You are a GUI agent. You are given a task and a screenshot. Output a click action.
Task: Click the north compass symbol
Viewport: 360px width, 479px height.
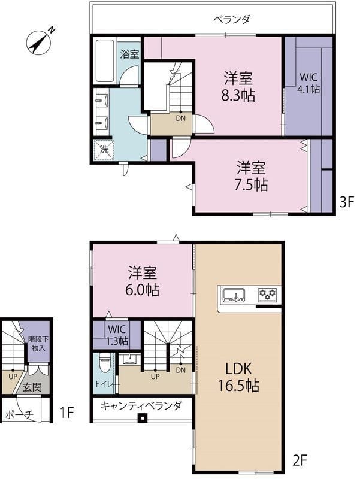click(39, 43)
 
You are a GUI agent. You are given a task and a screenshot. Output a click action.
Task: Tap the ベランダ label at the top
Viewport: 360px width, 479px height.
click(231, 20)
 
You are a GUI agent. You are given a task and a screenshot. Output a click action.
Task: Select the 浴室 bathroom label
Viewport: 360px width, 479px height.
click(129, 54)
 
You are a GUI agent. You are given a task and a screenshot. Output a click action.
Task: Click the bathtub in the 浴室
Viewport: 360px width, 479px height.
click(105, 60)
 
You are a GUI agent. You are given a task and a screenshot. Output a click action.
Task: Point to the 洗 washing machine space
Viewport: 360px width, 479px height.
click(104, 150)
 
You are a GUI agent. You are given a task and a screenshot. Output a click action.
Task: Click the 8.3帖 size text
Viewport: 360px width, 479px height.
click(238, 96)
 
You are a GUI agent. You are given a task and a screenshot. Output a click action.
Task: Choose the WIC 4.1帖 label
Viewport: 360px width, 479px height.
click(308, 83)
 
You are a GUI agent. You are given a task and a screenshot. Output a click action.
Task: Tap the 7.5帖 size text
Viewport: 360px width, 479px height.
click(251, 184)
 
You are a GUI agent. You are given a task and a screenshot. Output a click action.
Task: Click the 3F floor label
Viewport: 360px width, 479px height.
click(347, 202)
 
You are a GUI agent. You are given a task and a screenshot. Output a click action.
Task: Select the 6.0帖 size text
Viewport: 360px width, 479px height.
click(142, 290)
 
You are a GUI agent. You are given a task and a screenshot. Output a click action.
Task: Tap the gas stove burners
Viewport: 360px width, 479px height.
click(268, 295)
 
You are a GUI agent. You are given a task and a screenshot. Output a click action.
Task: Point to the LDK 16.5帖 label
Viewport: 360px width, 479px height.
click(238, 377)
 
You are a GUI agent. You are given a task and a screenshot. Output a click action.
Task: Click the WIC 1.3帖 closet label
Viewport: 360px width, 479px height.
click(117, 335)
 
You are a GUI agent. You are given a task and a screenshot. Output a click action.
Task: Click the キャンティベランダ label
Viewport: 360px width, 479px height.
click(141, 406)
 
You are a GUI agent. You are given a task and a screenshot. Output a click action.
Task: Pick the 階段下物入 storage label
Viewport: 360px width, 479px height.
click(38, 343)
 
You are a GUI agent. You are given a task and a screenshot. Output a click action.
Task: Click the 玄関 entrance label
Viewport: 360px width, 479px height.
click(32, 387)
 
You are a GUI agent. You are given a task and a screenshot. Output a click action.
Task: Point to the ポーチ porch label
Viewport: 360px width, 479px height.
click(19, 414)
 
